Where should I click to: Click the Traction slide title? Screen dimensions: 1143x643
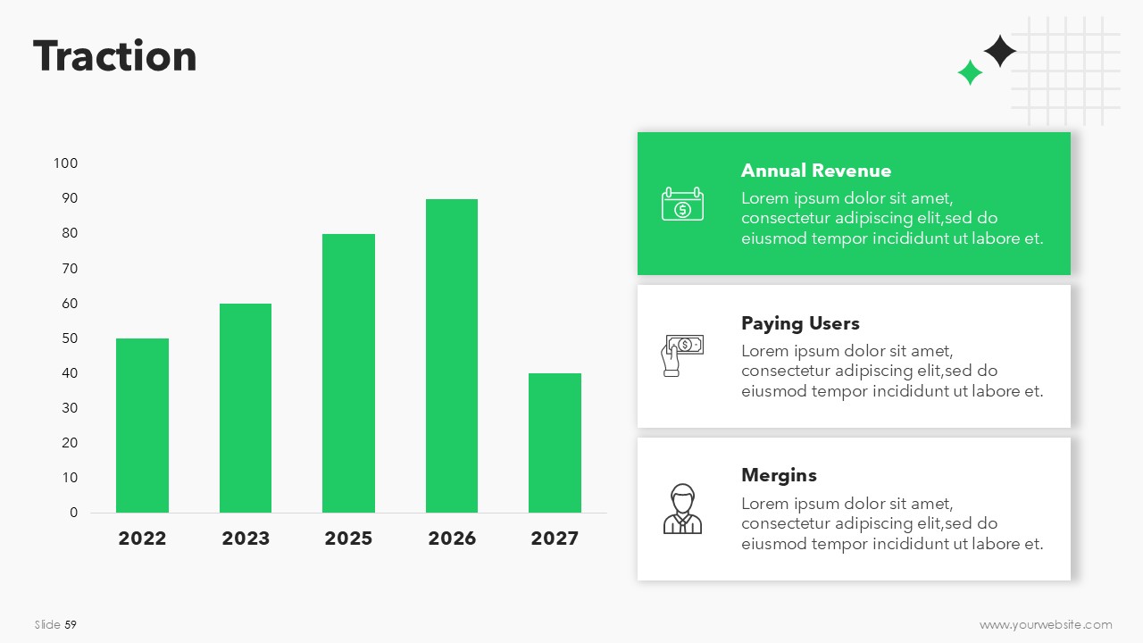115,55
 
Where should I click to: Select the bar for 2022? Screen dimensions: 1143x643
142,425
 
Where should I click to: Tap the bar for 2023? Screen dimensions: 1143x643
246,408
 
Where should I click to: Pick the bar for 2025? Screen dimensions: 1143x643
348,373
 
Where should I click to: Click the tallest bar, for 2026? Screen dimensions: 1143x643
452,355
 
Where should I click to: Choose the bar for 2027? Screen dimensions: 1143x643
555,443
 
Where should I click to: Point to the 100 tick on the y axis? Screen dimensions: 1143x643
65,163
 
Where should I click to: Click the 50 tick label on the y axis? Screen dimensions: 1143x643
70,338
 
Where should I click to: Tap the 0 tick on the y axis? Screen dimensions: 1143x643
73,513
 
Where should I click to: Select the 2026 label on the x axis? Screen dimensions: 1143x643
452,539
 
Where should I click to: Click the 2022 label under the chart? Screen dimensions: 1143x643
142,539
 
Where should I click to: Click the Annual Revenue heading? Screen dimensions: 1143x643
816,171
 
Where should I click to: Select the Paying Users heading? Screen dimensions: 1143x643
800,323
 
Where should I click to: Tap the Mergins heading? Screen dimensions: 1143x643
779,476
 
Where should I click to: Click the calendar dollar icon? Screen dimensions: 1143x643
682,204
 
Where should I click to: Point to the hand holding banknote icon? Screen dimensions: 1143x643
682,355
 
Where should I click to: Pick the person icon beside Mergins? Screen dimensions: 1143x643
682,509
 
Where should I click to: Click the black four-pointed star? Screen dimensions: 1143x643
999,51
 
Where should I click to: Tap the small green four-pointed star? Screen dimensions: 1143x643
970,72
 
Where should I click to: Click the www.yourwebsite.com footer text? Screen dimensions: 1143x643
1046,624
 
